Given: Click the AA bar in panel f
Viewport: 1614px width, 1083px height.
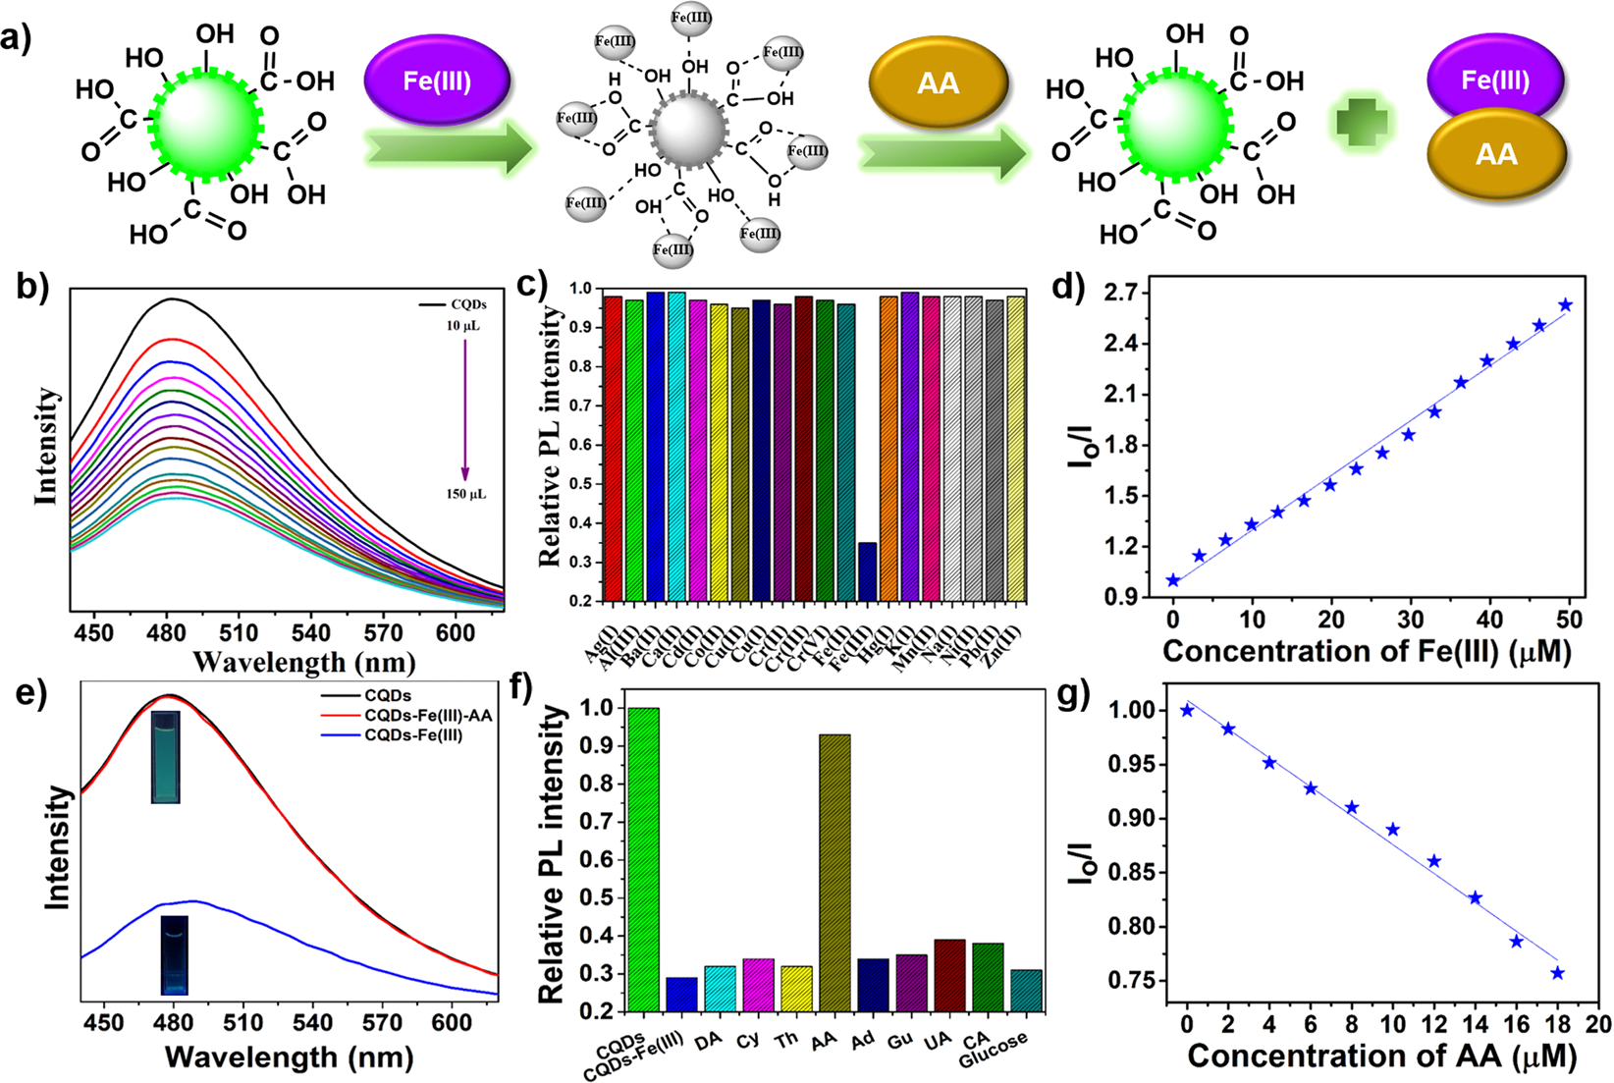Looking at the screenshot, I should (x=834, y=872).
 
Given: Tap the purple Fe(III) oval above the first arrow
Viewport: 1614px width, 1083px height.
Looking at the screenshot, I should (x=437, y=81).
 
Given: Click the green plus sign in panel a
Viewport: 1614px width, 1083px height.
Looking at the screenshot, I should (x=1362, y=126).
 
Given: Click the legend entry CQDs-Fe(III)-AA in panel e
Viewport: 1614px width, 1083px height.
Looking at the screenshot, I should (x=427, y=716).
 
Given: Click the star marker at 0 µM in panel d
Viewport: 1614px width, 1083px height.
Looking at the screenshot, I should (x=1173, y=580).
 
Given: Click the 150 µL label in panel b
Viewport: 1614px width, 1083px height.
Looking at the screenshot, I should (x=465, y=494).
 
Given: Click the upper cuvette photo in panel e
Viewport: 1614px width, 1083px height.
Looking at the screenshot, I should (x=166, y=757).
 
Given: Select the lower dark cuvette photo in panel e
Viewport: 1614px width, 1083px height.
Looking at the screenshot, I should (x=175, y=954).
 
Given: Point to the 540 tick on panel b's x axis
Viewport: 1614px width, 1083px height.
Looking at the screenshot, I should (x=311, y=632).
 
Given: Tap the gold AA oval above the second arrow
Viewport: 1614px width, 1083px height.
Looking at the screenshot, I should (x=939, y=83).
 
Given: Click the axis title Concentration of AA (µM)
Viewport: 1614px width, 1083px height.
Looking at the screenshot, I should (x=1381, y=1056).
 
